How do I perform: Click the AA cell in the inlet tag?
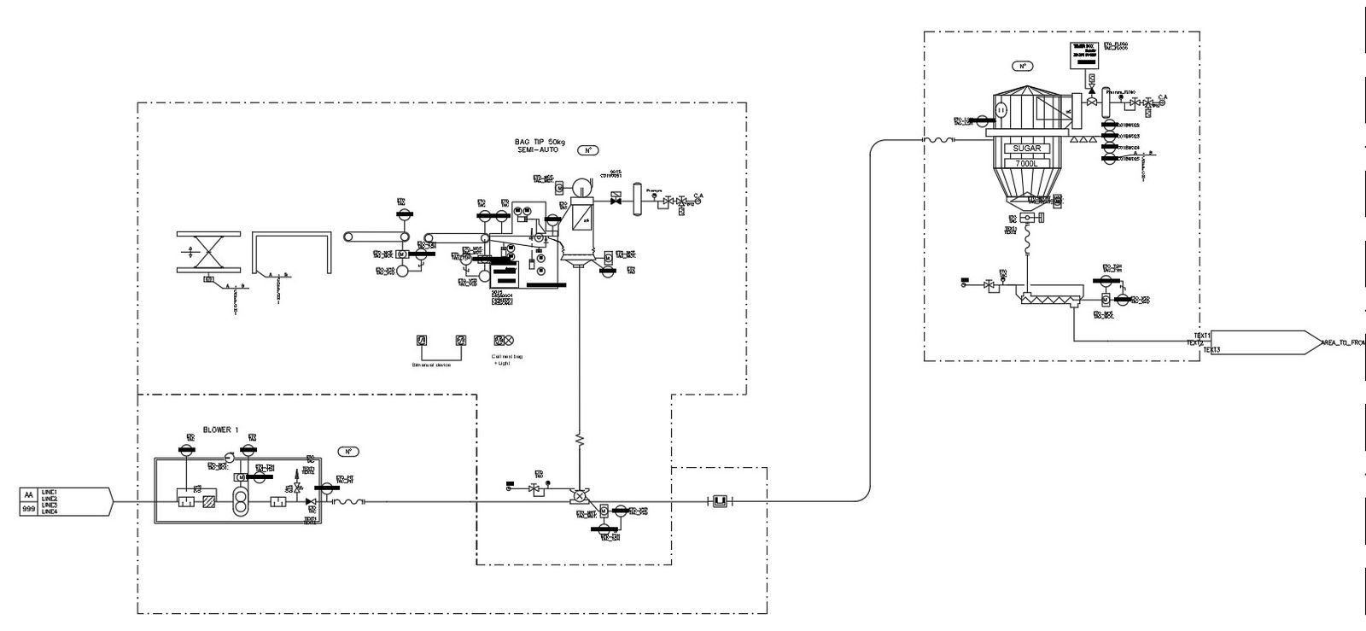point(29,494)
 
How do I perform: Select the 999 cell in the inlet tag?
point(29,508)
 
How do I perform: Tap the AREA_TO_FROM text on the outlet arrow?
point(1342,342)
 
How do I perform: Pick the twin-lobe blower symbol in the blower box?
point(242,502)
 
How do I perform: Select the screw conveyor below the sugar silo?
point(1051,300)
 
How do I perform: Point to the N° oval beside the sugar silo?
point(1021,66)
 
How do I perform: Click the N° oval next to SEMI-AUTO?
point(587,150)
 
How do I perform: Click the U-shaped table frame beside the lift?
point(290,253)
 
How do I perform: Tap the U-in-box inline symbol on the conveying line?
point(719,500)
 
